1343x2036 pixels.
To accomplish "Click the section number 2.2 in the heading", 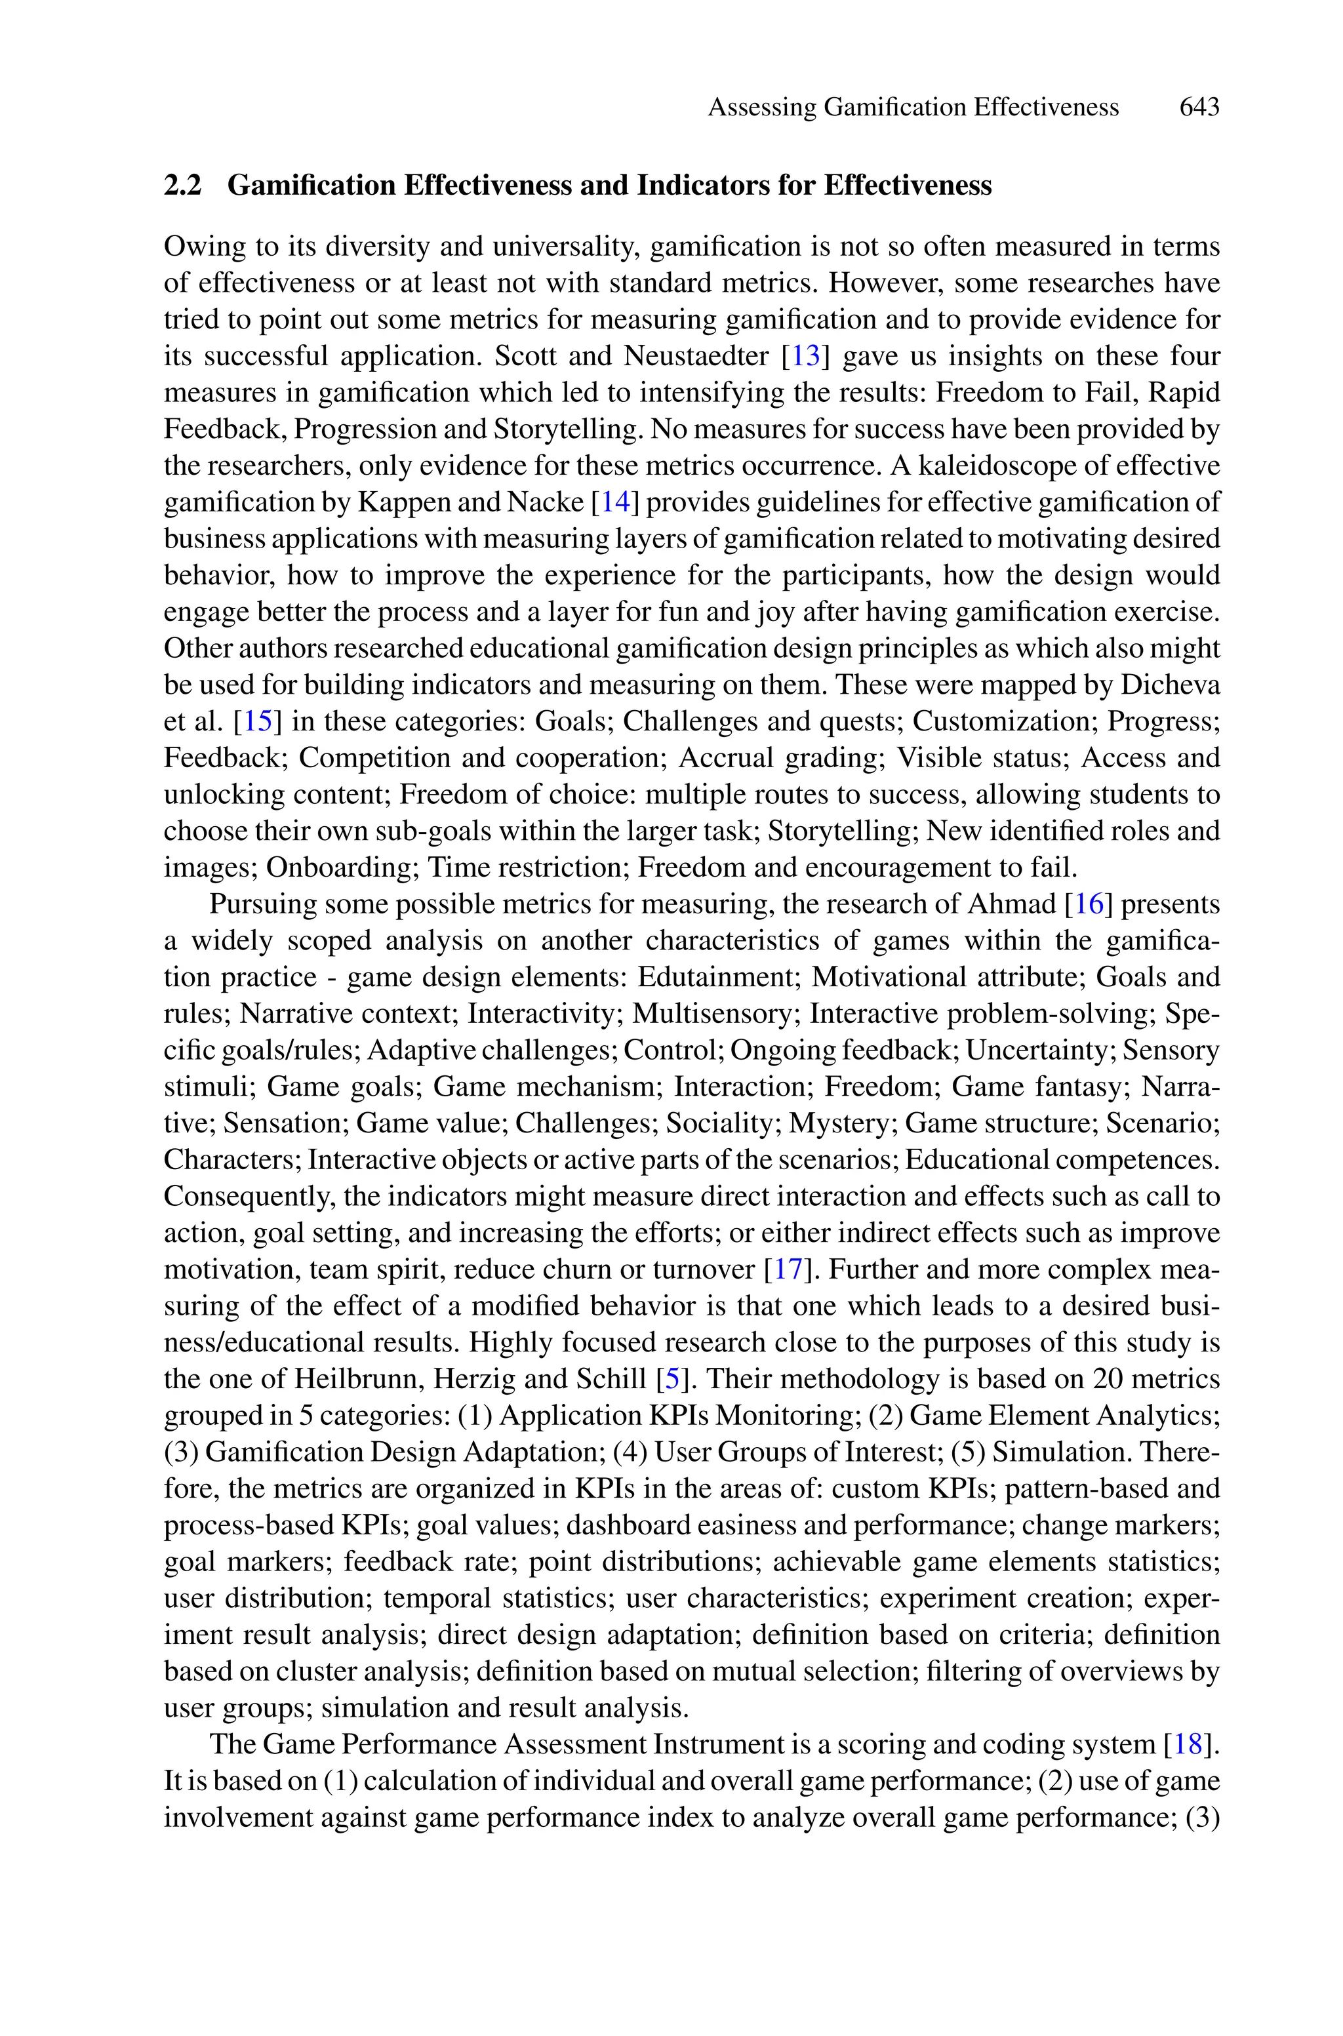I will (182, 185).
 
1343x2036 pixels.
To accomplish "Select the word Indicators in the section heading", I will (694, 185).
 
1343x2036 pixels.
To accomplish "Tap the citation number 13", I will (805, 356).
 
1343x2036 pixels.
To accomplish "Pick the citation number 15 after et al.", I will (258, 721).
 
